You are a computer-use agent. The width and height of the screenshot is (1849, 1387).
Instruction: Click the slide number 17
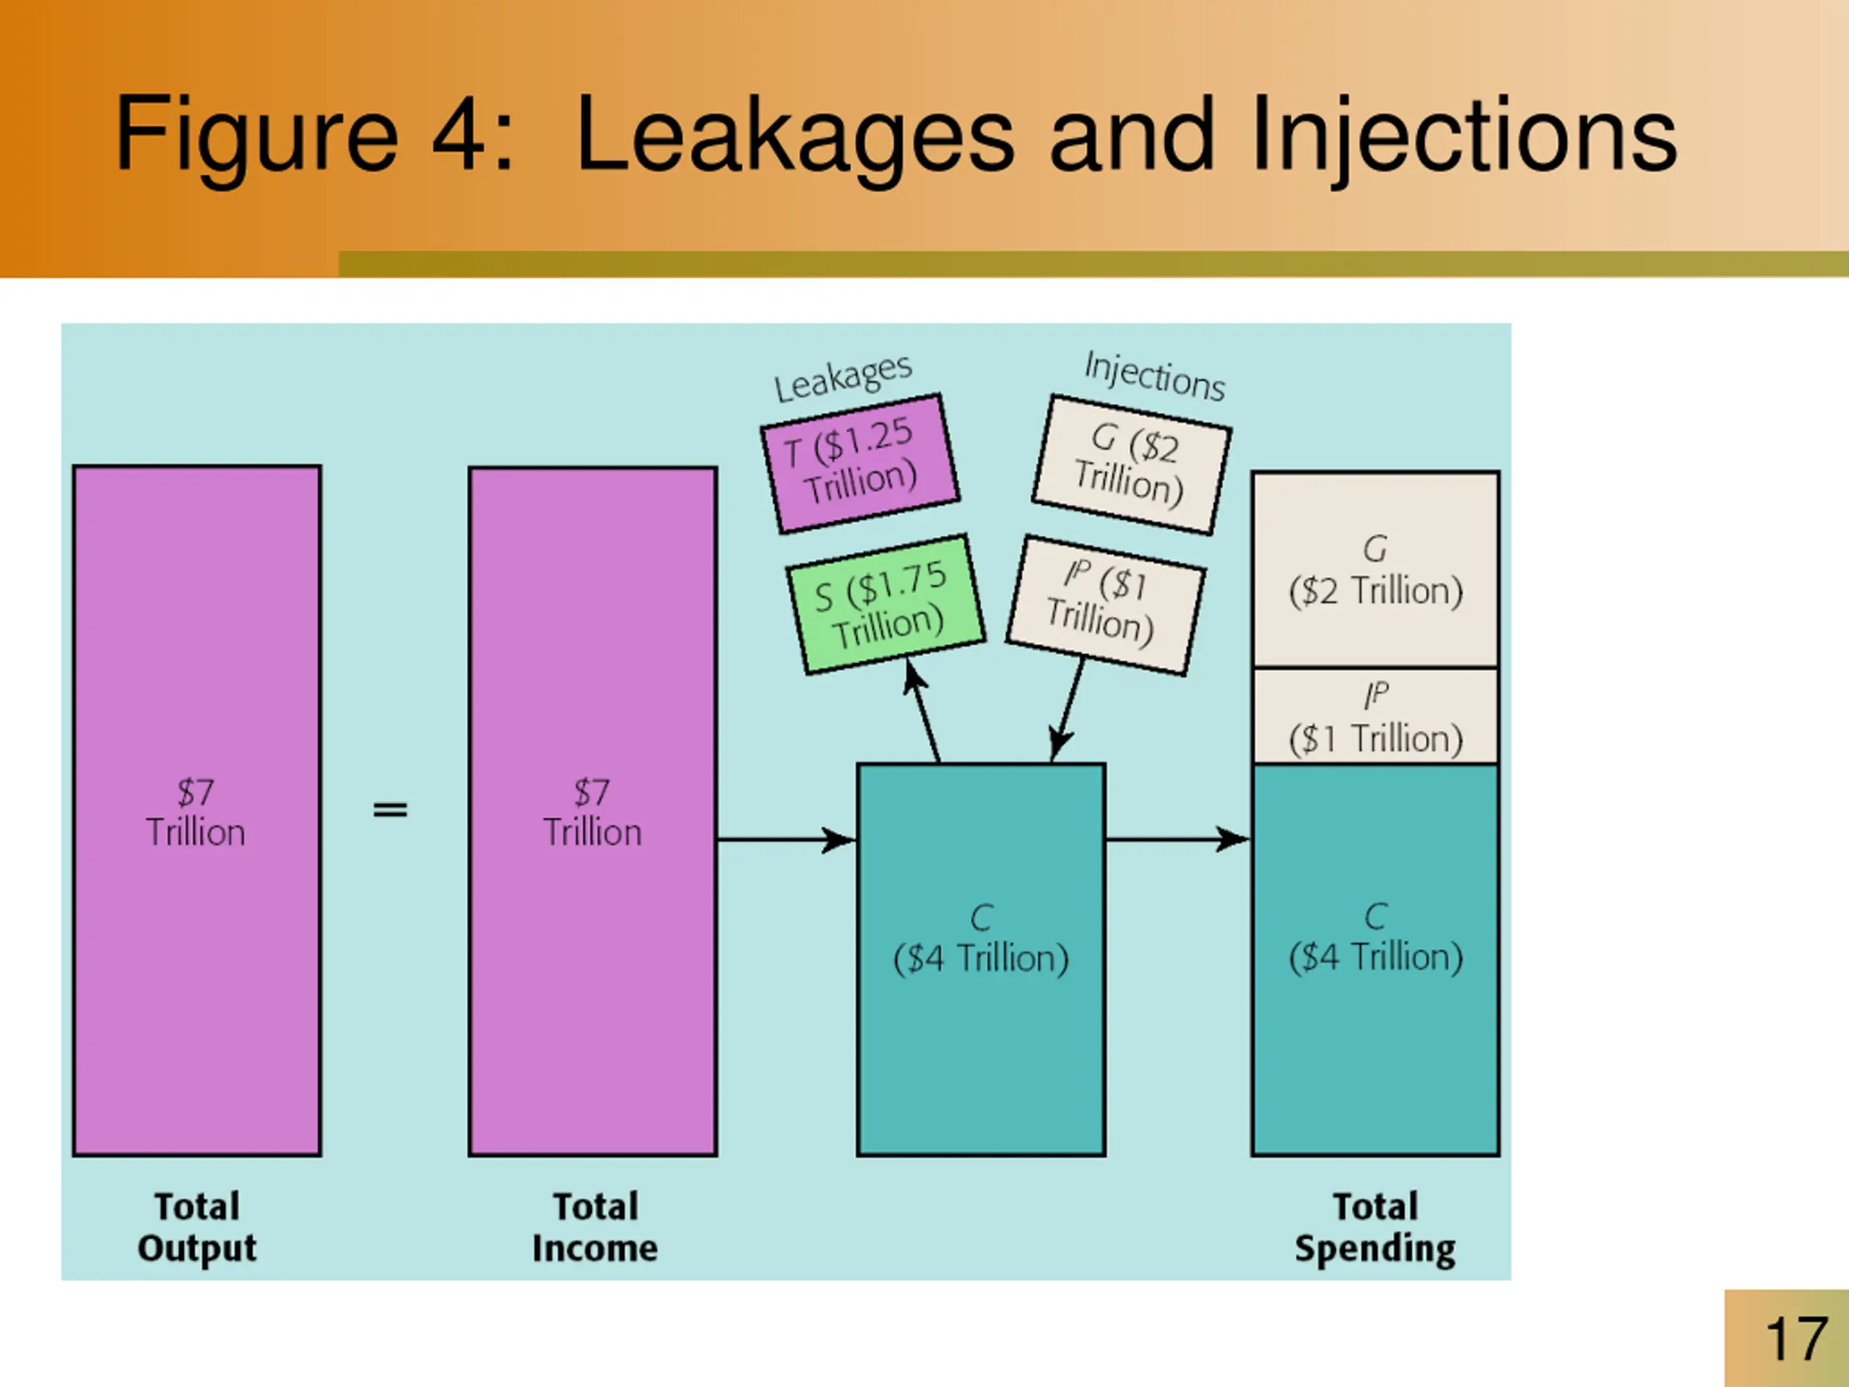click(1796, 1339)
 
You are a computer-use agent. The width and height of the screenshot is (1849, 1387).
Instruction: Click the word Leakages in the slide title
click(794, 135)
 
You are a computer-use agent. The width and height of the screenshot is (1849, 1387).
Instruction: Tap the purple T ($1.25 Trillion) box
click(859, 462)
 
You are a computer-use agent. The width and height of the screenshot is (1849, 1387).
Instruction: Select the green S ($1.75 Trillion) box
click(885, 604)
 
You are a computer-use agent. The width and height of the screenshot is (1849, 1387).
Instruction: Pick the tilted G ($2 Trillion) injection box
click(1131, 465)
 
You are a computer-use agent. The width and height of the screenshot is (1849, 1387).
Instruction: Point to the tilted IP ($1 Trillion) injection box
click(1105, 605)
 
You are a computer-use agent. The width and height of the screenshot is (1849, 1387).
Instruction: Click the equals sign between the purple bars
click(389, 809)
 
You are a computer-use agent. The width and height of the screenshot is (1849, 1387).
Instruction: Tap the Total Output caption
click(197, 1227)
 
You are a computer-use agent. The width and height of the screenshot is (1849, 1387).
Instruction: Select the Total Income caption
click(594, 1227)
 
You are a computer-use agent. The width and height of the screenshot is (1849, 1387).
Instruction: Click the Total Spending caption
click(1375, 1227)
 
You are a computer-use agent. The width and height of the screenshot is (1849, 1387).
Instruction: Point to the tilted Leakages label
click(843, 378)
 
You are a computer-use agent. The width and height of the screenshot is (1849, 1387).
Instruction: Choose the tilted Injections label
click(1154, 376)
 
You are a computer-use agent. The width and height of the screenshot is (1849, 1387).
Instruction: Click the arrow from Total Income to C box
click(786, 839)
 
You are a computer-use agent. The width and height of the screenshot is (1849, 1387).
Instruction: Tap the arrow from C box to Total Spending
click(1177, 839)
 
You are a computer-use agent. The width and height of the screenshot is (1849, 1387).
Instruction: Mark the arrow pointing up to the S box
click(923, 711)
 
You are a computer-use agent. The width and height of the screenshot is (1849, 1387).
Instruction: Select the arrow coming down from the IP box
click(1068, 711)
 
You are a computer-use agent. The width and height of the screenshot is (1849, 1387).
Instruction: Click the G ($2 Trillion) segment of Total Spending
click(1375, 570)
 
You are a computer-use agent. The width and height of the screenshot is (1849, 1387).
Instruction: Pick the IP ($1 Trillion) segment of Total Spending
click(1375, 717)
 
